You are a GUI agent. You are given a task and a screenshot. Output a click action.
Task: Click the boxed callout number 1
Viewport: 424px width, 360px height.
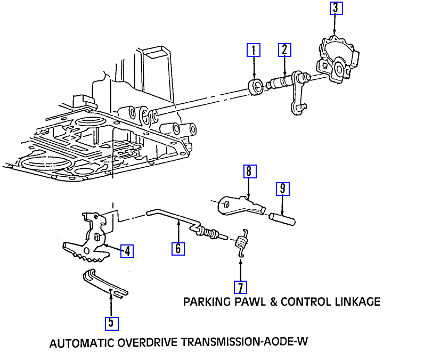[x=254, y=51]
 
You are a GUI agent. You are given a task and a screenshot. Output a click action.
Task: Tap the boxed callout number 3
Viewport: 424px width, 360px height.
[x=335, y=8]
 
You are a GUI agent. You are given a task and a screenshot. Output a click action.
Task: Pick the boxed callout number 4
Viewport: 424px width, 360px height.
[x=127, y=251]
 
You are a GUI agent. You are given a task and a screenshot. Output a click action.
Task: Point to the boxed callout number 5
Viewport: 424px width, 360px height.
[x=111, y=323]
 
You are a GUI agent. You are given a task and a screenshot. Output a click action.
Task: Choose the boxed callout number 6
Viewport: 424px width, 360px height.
[x=178, y=249]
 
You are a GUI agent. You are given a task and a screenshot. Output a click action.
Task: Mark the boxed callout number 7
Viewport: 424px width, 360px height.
[x=241, y=288]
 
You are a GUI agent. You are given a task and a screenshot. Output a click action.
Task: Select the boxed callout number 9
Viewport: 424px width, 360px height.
[x=282, y=188]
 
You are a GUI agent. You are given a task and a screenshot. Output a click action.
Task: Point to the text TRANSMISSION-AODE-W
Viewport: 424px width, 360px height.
[x=245, y=342]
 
